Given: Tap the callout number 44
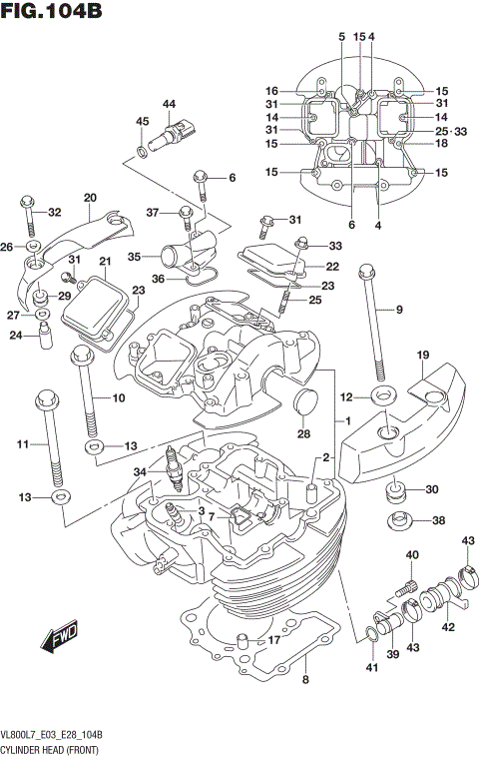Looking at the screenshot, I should (x=169, y=105).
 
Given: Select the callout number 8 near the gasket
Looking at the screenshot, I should (x=306, y=680).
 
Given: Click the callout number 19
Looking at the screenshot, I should (x=423, y=356).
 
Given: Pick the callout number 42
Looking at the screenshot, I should (x=448, y=627).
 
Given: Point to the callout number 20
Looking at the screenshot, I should (x=90, y=197).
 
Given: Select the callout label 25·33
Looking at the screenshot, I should (x=450, y=132).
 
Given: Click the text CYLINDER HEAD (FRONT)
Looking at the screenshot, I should (x=55, y=748).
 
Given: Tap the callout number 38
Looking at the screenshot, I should (x=438, y=520).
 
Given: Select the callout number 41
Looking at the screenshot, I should (x=372, y=667).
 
